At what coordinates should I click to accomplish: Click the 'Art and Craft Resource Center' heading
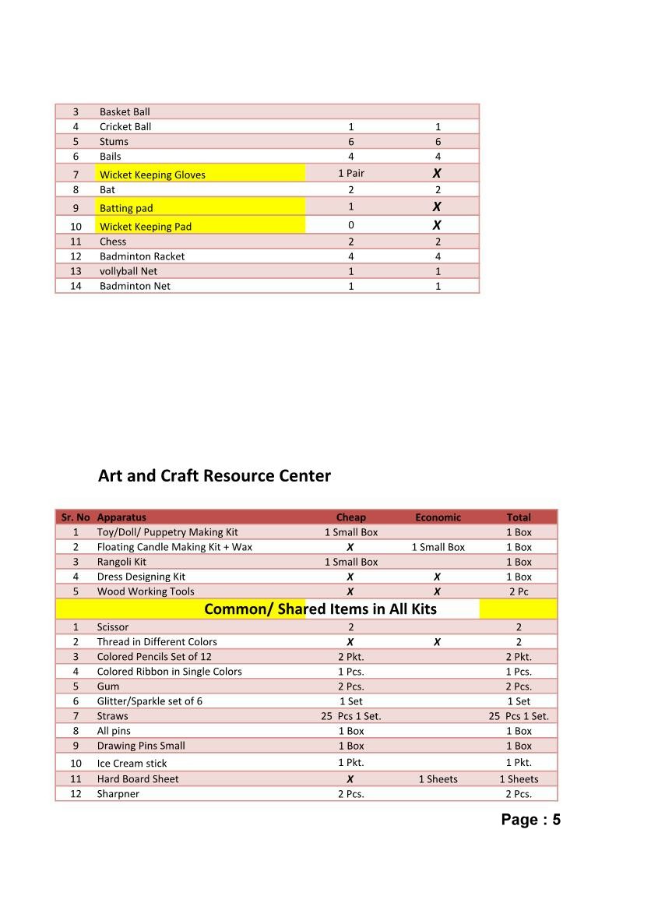[214, 475]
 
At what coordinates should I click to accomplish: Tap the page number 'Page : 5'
[530, 819]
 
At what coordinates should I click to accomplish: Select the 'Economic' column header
[438, 517]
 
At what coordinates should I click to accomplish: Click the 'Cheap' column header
[350, 517]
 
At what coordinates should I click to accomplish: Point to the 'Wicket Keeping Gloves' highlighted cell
[153, 175]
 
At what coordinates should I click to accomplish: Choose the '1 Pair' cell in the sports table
[351, 173]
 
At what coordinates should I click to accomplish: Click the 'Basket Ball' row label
[125, 112]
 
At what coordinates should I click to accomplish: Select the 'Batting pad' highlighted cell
[126, 208]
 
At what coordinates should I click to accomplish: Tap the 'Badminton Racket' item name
[142, 256]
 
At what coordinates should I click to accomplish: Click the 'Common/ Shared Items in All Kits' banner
[320, 609]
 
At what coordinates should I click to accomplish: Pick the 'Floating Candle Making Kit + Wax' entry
[174, 547]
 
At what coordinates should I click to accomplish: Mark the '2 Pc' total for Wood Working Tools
[519, 591]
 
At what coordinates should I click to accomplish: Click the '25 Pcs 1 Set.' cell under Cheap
[351, 716]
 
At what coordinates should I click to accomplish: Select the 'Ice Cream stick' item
[132, 764]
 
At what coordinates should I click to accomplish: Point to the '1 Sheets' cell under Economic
[438, 779]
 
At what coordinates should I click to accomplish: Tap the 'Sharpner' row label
[118, 794]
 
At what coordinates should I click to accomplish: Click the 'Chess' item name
[113, 242]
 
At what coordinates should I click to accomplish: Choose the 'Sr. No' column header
[76, 517]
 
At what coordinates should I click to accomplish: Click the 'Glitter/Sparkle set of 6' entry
[150, 701]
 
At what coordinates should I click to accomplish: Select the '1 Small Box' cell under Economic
[438, 547]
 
